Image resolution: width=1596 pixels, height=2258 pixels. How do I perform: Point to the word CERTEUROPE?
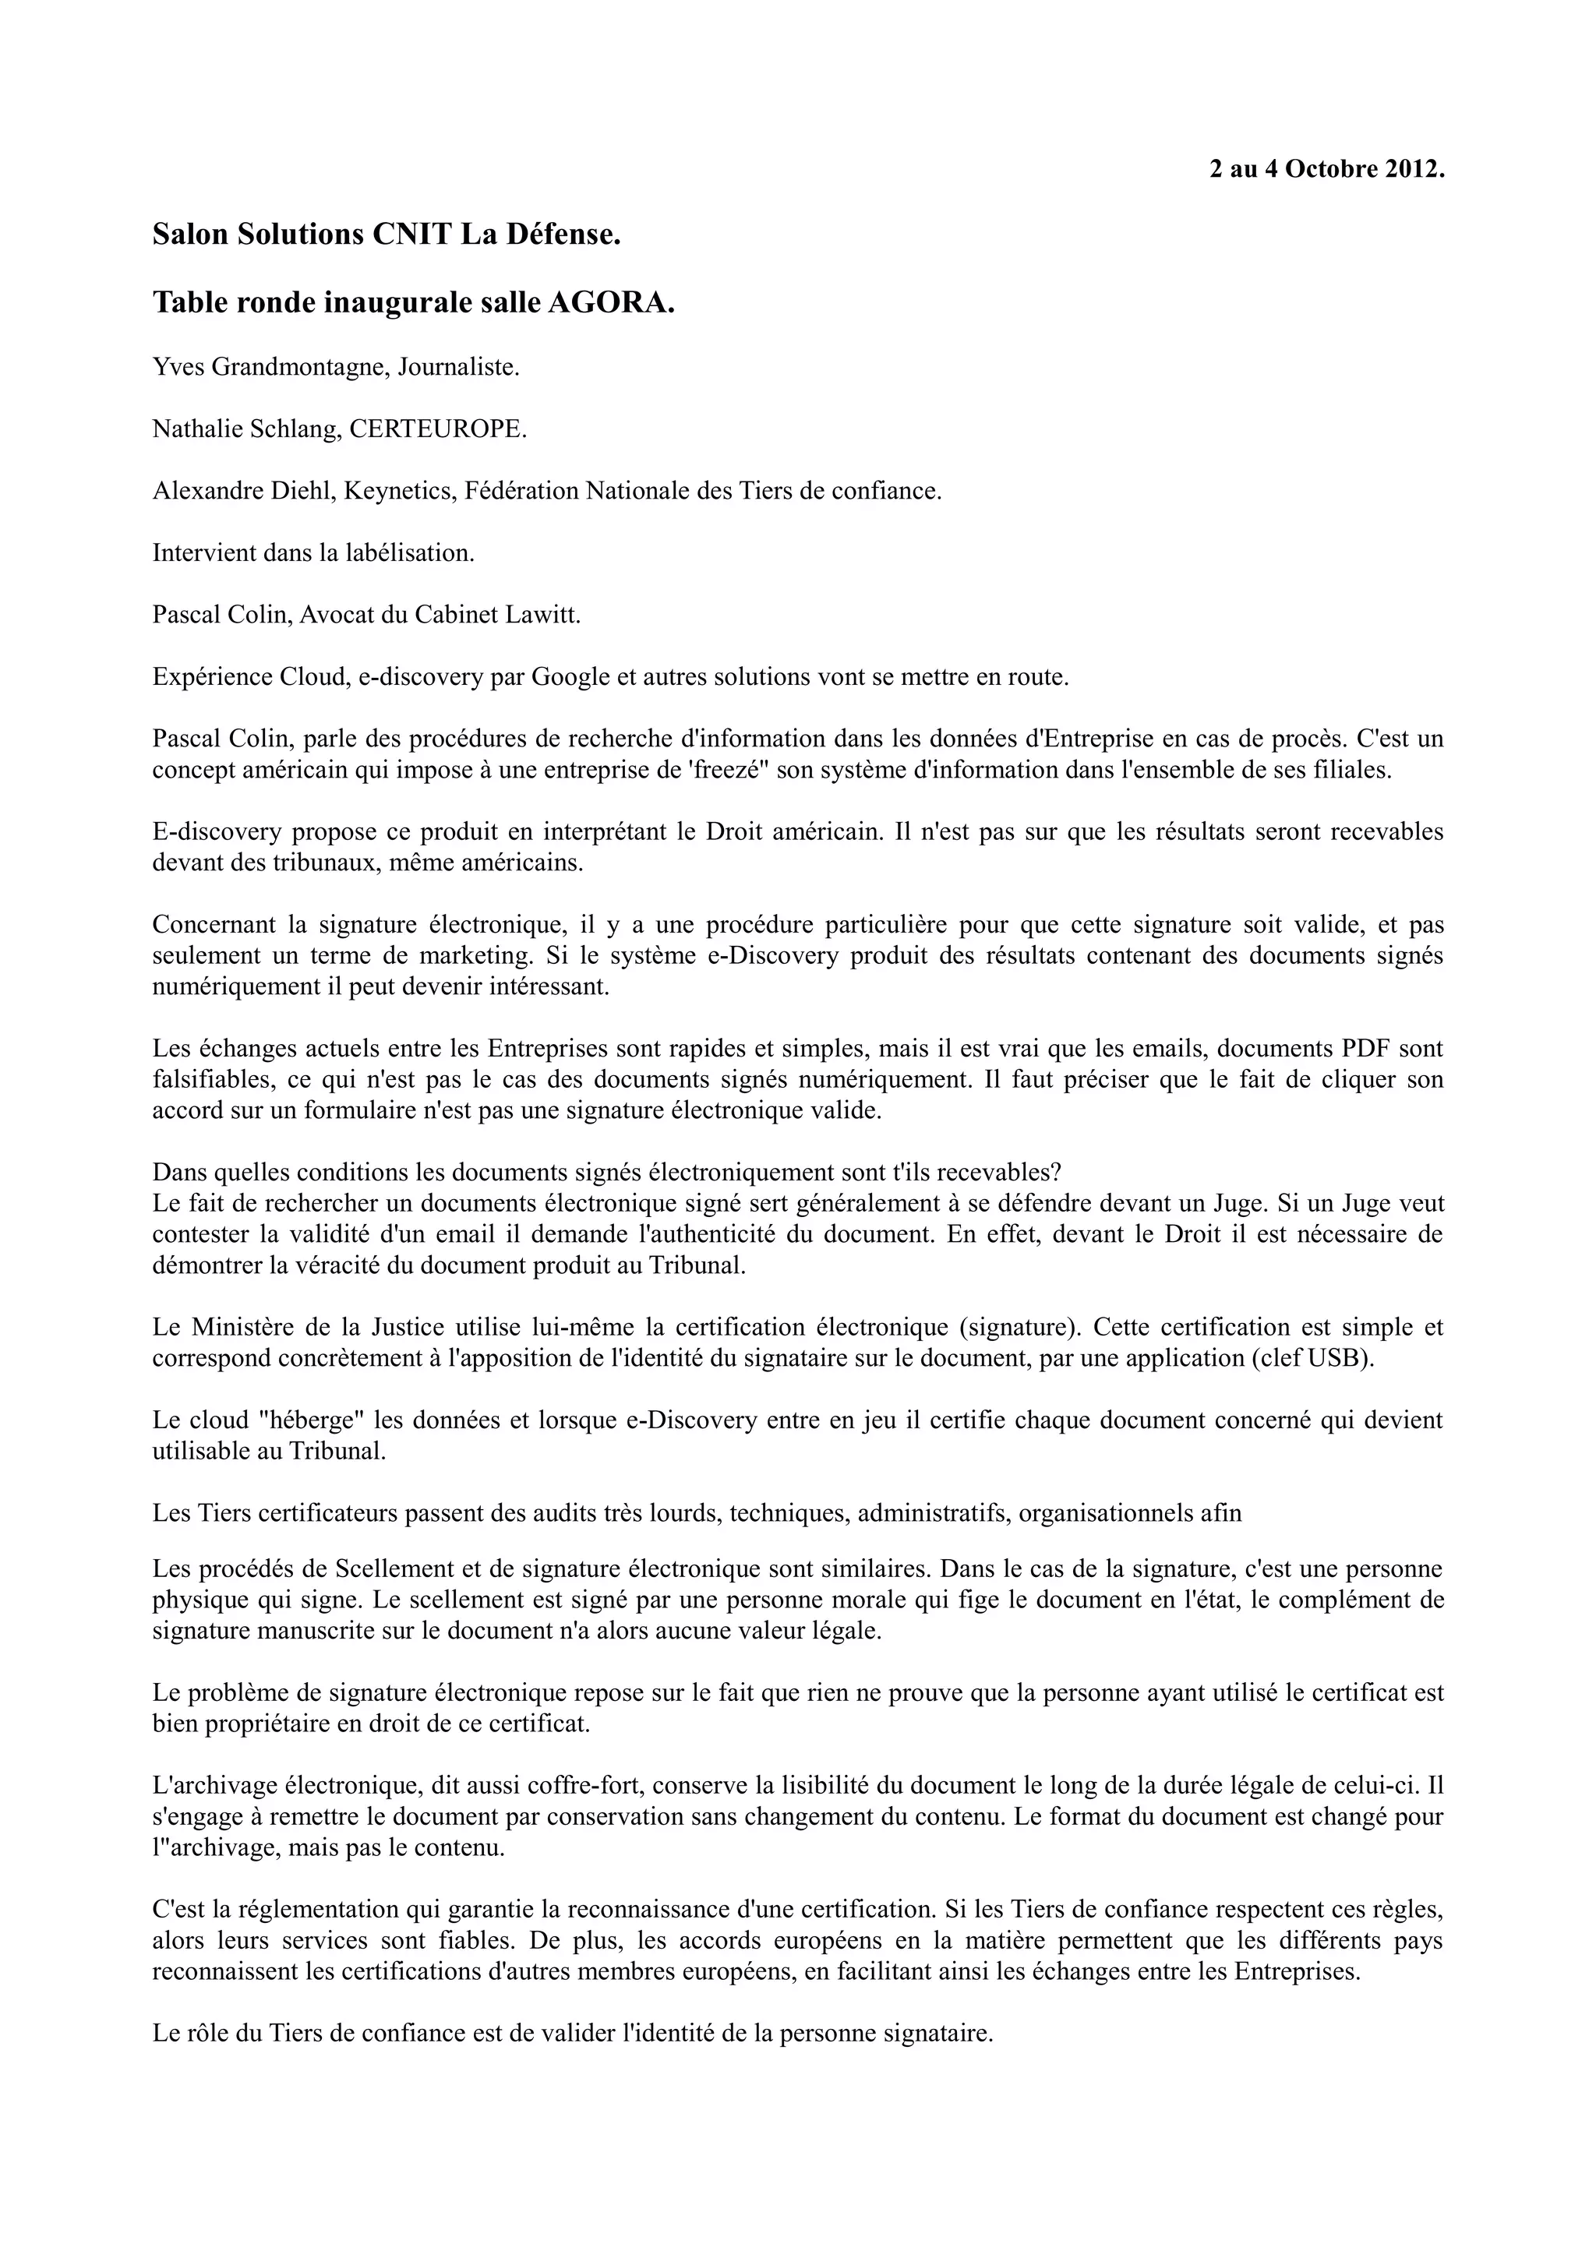point(438,430)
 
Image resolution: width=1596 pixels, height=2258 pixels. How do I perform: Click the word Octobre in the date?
point(1332,169)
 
